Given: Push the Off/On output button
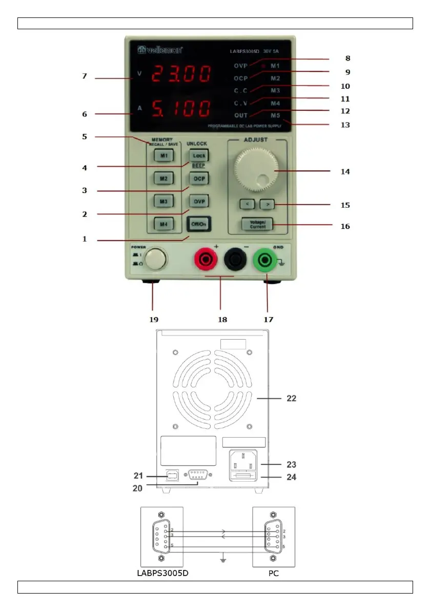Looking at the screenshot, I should (198, 225).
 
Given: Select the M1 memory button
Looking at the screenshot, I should (163, 155).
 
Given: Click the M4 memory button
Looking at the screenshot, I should (163, 225).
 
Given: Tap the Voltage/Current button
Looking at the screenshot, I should (258, 224).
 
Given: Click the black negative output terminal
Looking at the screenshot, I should (235, 261).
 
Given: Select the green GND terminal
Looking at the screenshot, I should (264, 261).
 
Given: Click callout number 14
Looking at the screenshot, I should (345, 172).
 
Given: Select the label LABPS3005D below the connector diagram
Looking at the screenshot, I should (163, 573).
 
